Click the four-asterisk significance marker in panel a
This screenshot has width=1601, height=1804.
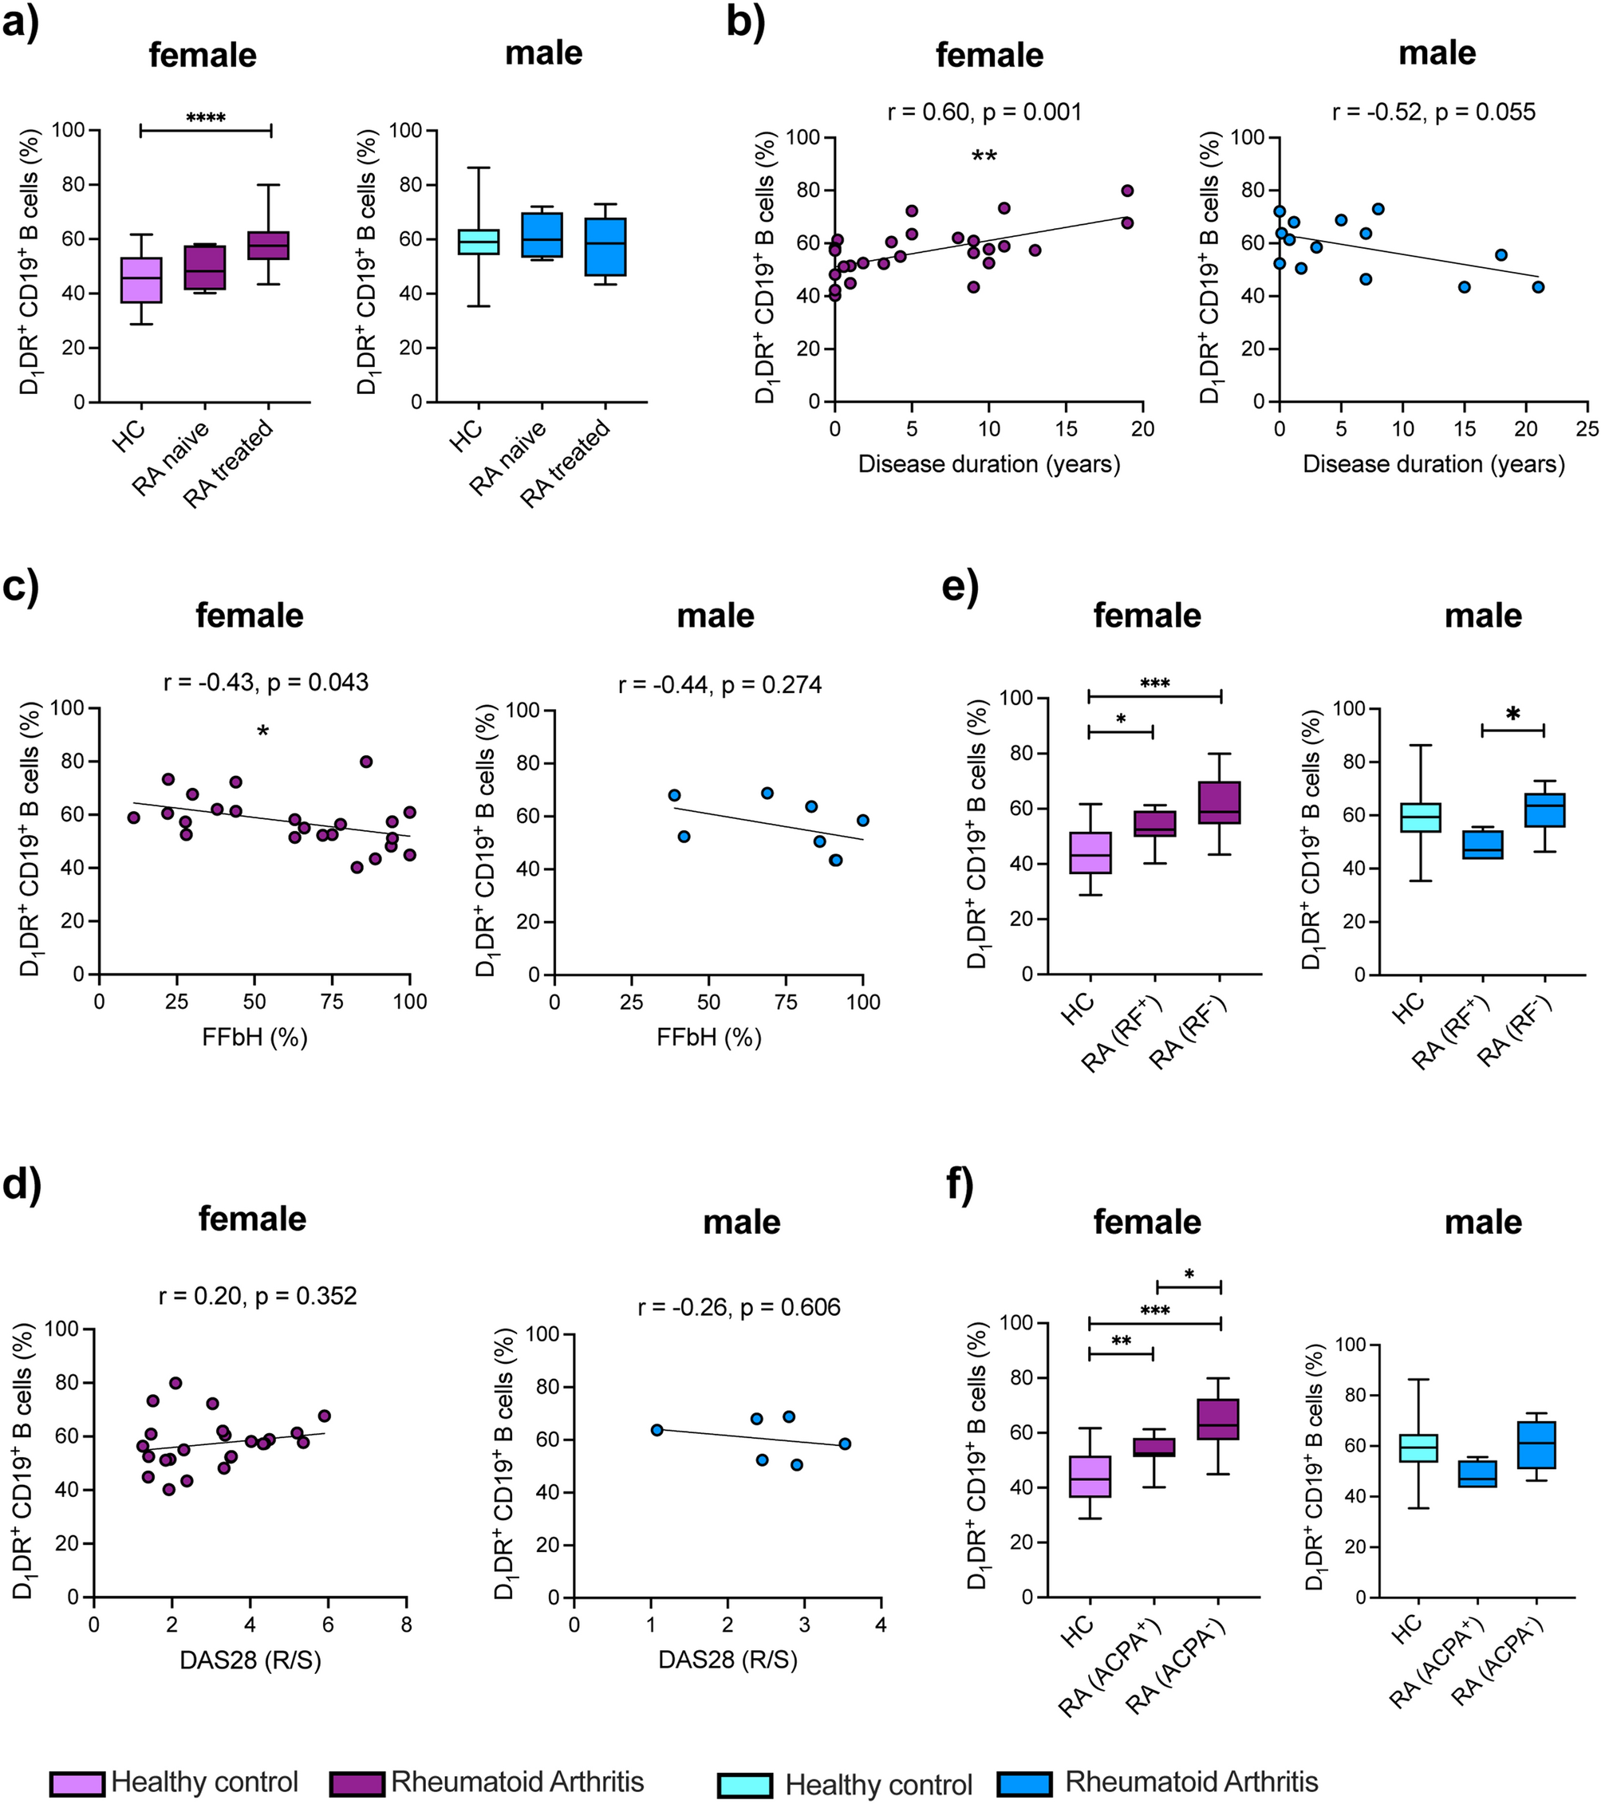(206, 117)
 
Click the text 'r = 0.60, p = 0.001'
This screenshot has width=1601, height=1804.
(984, 112)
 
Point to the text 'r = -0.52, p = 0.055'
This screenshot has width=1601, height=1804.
(1433, 112)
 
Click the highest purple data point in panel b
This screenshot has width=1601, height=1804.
(1127, 191)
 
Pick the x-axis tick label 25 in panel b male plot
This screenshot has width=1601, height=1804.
(1587, 430)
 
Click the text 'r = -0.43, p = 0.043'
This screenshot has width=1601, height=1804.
(266, 682)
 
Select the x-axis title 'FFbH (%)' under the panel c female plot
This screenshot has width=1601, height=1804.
(254, 1037)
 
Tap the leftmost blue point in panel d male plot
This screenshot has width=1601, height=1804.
(657, 1430)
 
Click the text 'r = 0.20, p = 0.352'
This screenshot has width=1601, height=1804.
(258, 1296)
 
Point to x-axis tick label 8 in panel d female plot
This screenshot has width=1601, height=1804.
(406, 1625)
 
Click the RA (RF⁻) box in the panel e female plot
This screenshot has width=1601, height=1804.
(1219, 802)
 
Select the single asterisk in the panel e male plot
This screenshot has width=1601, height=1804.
(1512, 715)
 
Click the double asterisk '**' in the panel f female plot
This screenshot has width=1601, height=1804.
(1121, 1342)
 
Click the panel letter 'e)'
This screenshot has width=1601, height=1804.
(960, 586)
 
